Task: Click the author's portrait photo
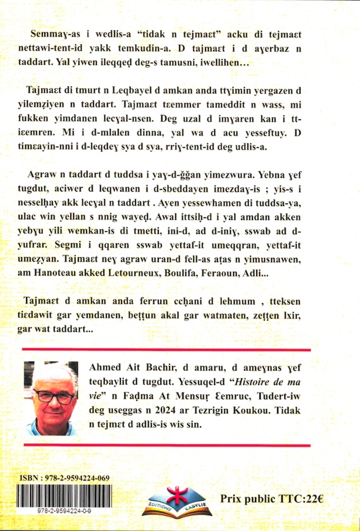click(x=53, y=398)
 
